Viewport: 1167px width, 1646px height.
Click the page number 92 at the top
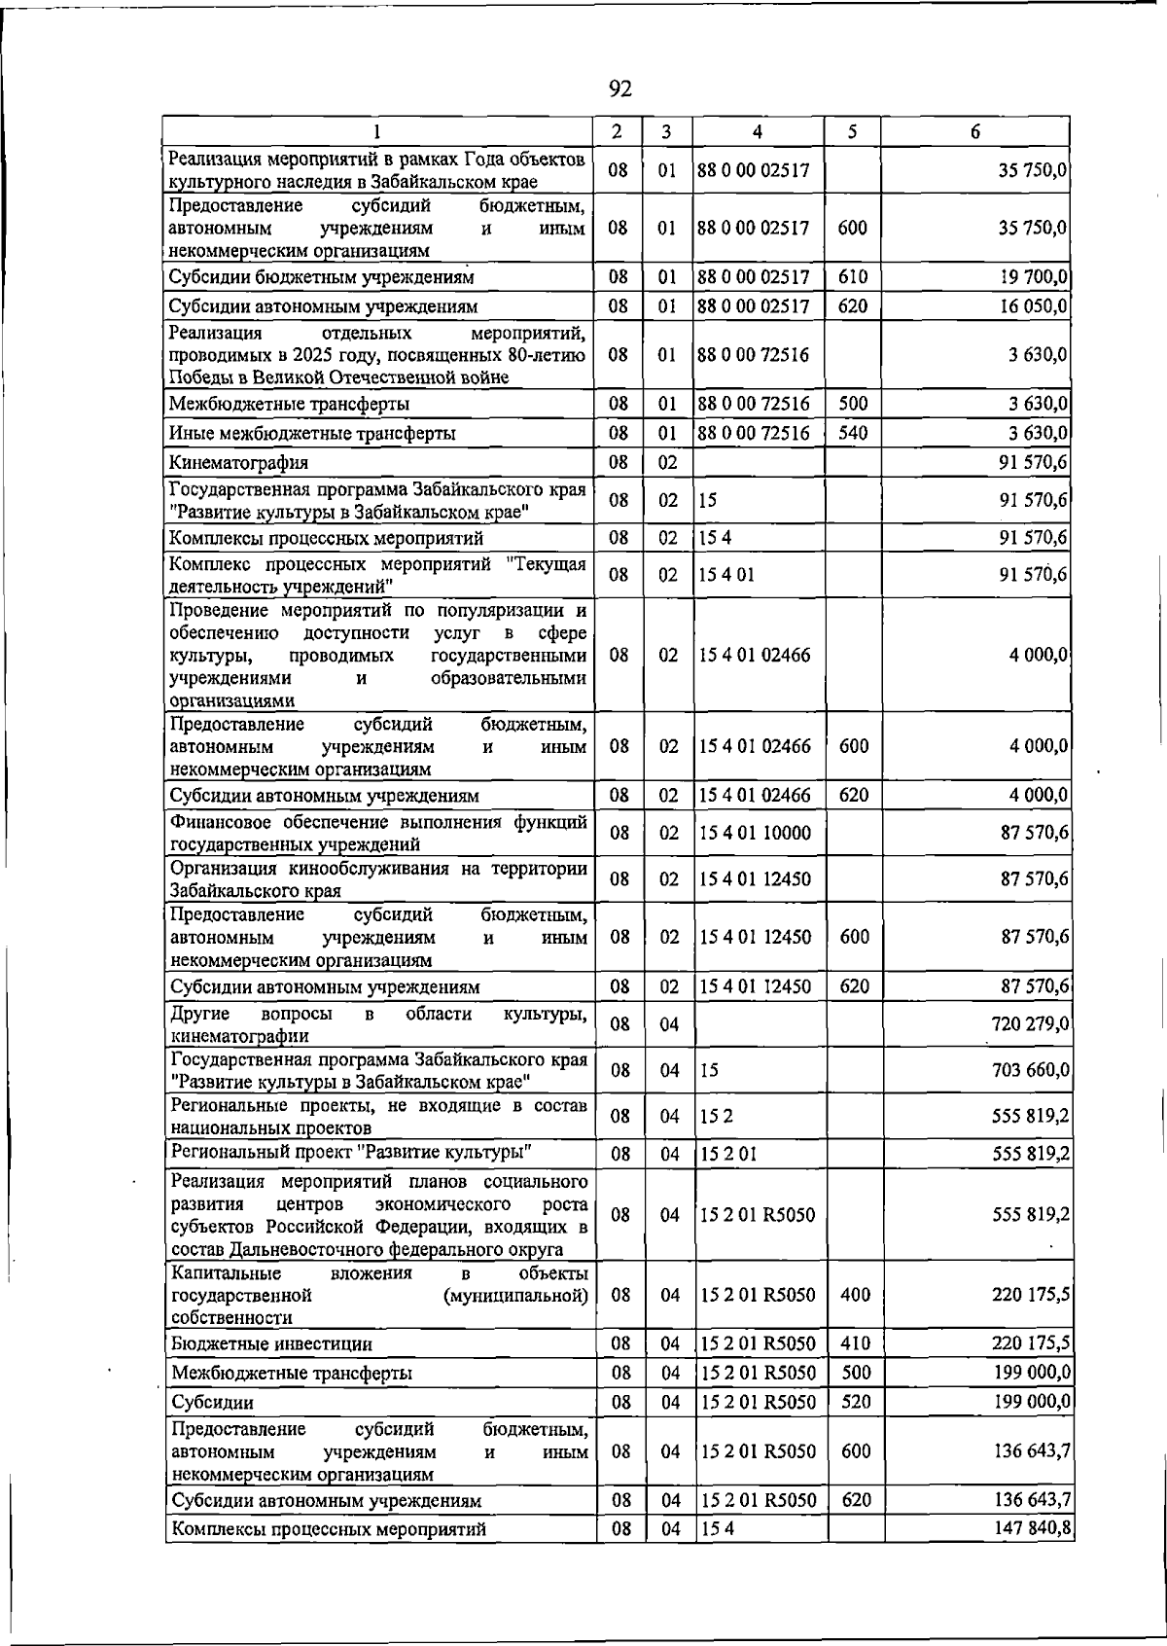point(619,89)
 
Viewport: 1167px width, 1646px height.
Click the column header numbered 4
point(757,132)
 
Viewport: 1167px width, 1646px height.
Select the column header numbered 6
point(974,132)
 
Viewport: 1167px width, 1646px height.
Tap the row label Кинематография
point(238,462)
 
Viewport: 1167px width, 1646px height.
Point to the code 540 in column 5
point(852,433)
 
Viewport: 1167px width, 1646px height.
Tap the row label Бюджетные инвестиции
point(271,1343)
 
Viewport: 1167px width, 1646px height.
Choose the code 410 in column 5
point(855,1343)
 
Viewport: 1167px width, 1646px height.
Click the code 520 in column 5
point(855,1402)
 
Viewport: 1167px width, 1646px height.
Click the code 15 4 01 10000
point(755,833)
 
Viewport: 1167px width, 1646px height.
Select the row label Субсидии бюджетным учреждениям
point(321,277)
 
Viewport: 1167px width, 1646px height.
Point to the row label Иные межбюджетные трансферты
point(312,433)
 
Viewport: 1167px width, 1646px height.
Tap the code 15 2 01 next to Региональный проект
point(727,1155)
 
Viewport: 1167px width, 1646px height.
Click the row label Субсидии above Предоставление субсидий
point(212,1402)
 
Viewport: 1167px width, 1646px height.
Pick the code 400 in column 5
point(855,1295)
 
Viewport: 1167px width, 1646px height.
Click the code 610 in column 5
point(852,277)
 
